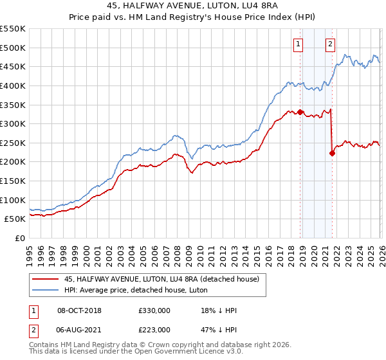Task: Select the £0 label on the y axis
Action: [20, 239]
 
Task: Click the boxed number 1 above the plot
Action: [299, 44]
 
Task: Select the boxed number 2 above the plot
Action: [330, 44]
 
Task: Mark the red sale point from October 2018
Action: [300, 112]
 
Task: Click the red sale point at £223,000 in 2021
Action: [332, 153]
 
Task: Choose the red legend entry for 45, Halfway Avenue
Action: [161, 279]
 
